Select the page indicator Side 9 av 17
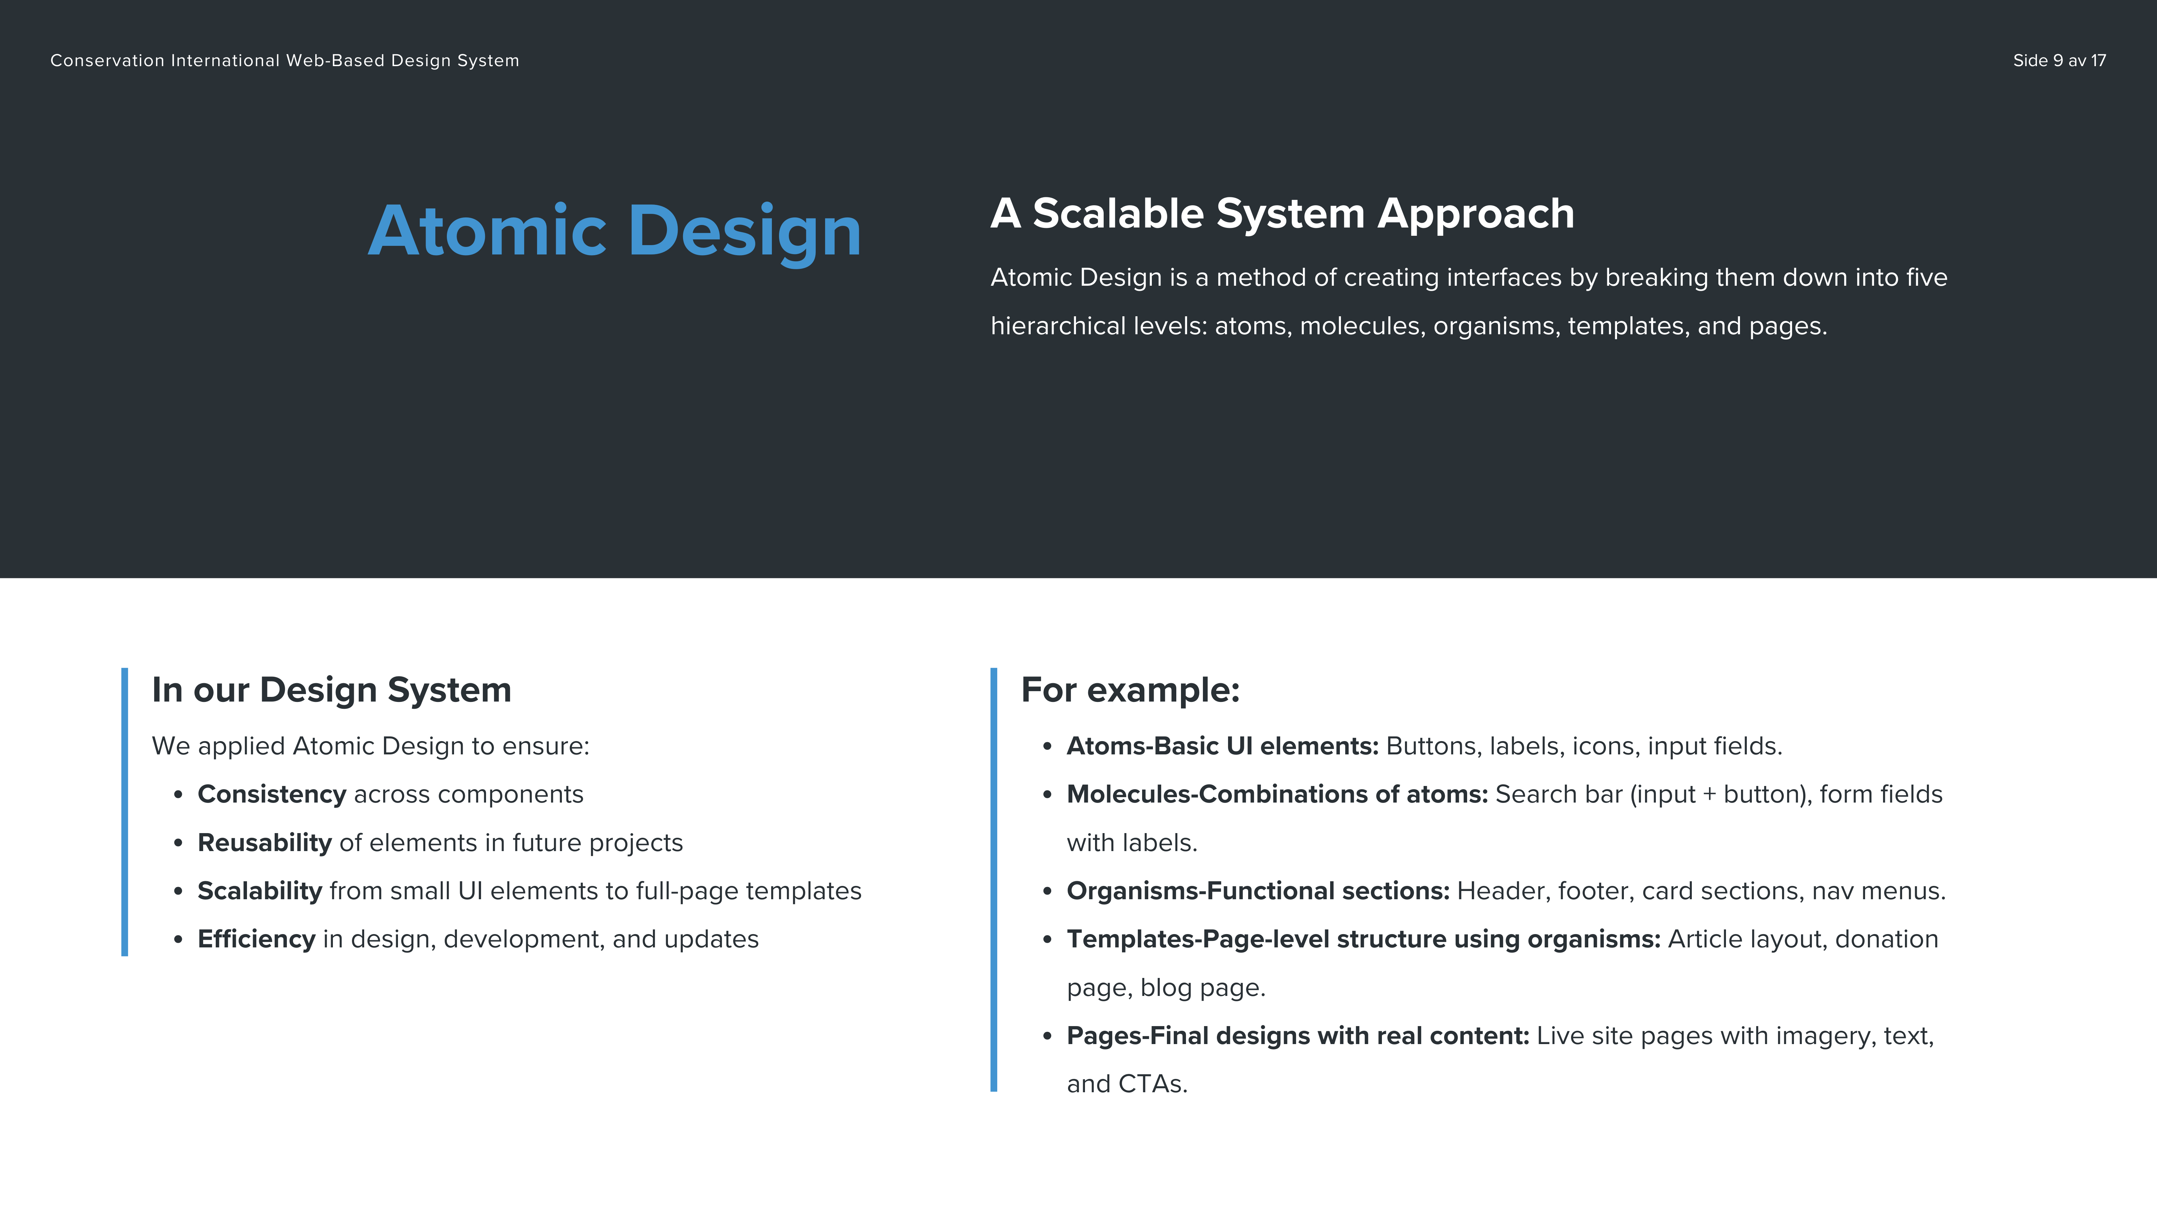click(x=2059, y=60)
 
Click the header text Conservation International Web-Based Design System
click(x=285, y=60)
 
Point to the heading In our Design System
click(x=331, y=690)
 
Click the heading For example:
click(x=1130, y=690)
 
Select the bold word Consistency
click(x=271, y=794)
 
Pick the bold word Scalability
click(x=260, y=891)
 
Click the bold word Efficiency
click(x=256, y=939)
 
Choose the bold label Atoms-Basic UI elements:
click(x=1223, y=746)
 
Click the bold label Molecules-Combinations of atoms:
click(x=1277, y=794)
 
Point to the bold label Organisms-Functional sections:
click(x=1258, y=891)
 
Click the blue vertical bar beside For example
click(x=994, y=880)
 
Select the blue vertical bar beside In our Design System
click(x=125, y=812)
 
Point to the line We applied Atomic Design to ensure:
click(x=371, y=746)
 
